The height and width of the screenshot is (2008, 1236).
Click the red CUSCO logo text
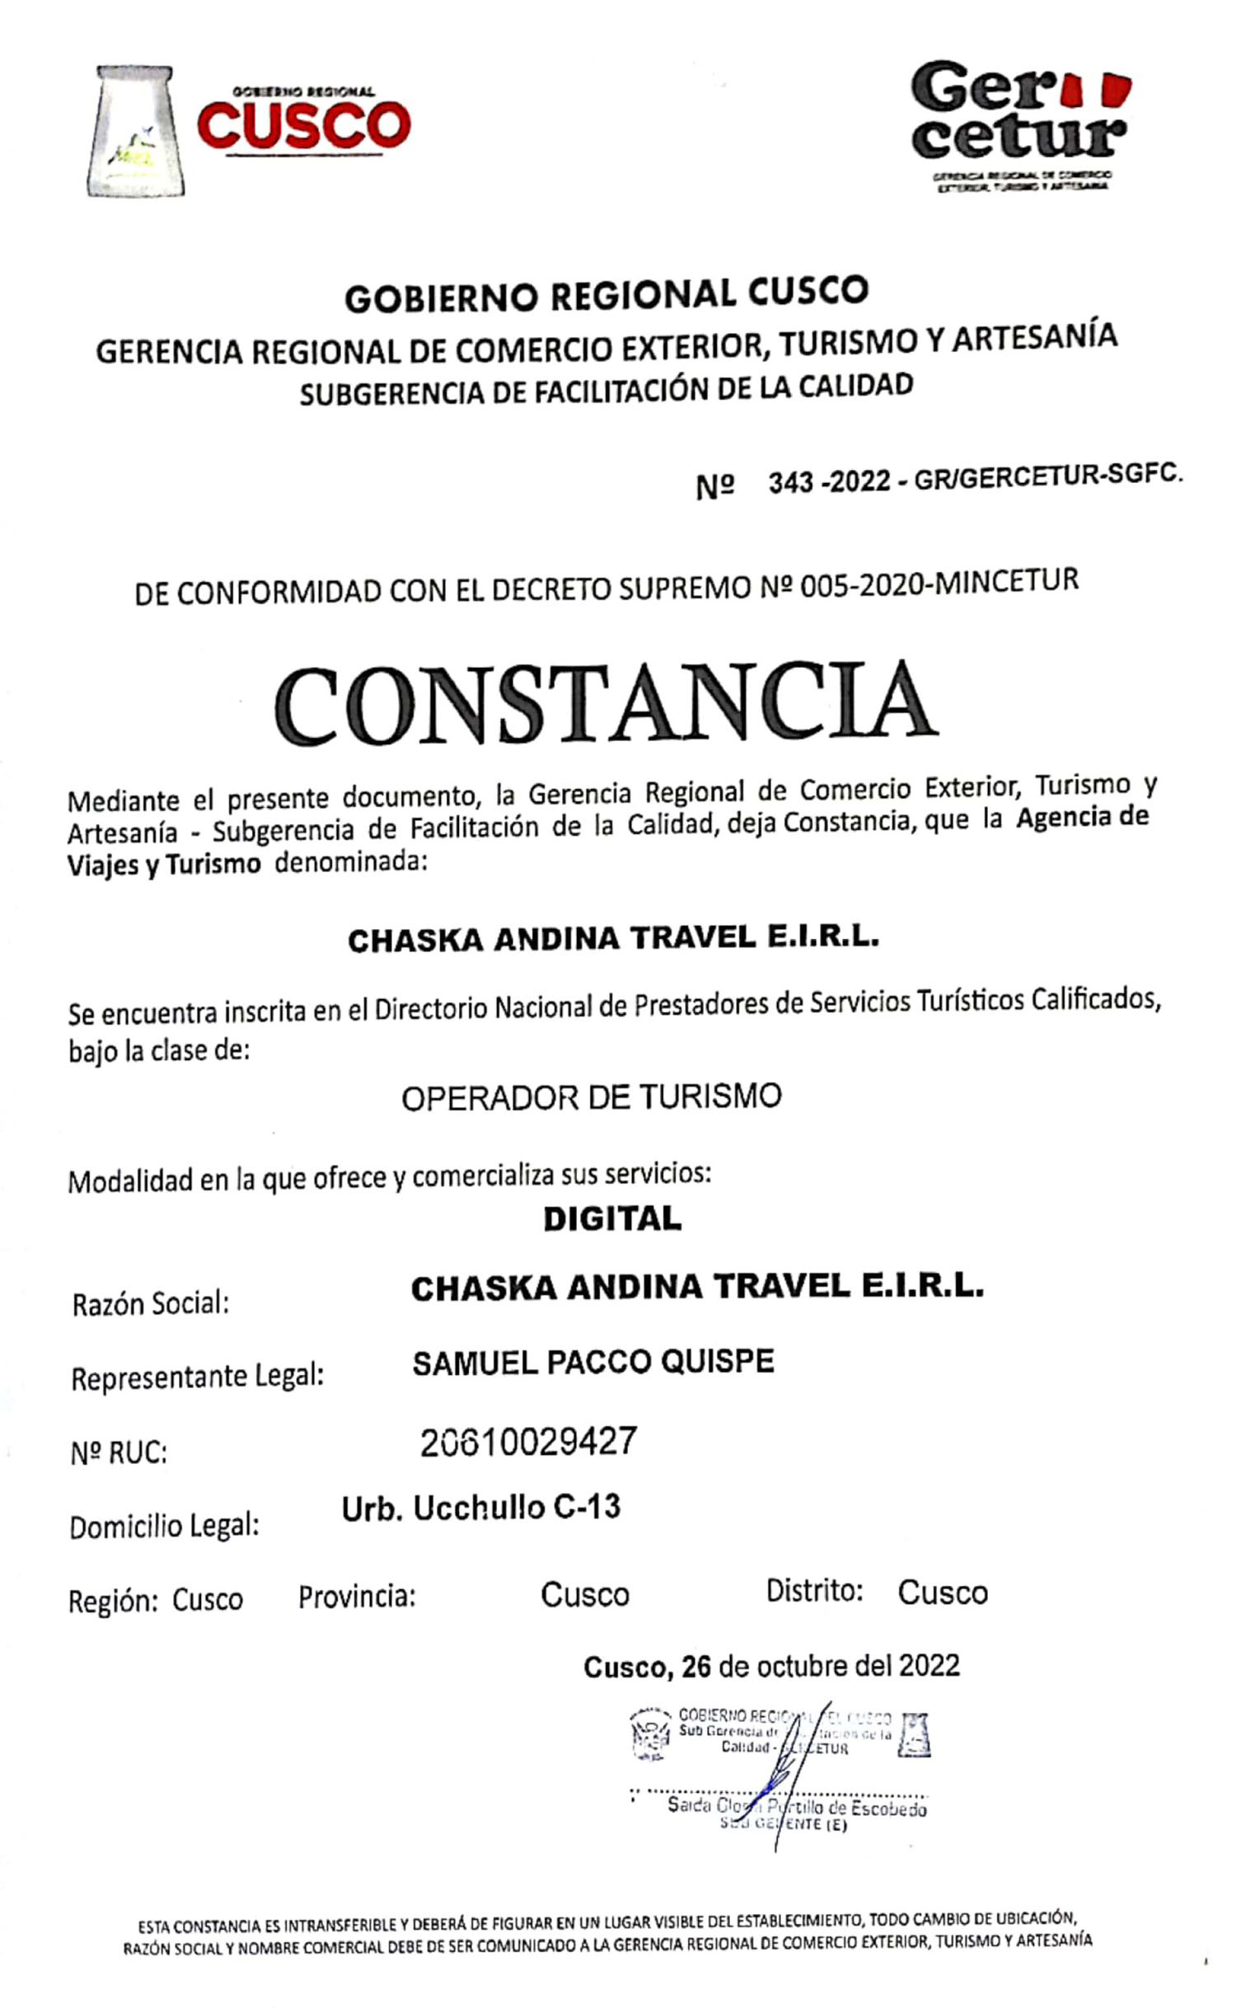pos(303,126)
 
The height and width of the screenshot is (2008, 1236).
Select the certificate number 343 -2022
pos(829,481)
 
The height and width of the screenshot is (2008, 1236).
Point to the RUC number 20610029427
pos(528,1442)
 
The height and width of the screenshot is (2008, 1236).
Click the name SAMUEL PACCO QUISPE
pos(592,1362)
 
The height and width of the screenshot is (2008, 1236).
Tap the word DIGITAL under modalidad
pos(611,1219)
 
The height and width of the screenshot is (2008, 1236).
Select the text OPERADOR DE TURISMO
pos(591,1097)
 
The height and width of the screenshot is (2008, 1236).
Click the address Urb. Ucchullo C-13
pos(480,1508)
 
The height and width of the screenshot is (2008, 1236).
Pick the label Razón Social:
pos(151,1304)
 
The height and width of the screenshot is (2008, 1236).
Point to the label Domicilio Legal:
pos(164,1526)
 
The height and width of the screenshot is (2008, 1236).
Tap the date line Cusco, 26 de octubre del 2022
pos(771,1666)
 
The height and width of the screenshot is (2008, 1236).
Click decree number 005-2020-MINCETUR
pos(939,584)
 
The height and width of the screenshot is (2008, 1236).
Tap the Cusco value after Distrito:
pos(942,1593)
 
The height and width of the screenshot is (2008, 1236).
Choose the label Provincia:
pos(356,1597)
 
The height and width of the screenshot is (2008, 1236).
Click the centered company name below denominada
pos(613,939)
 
